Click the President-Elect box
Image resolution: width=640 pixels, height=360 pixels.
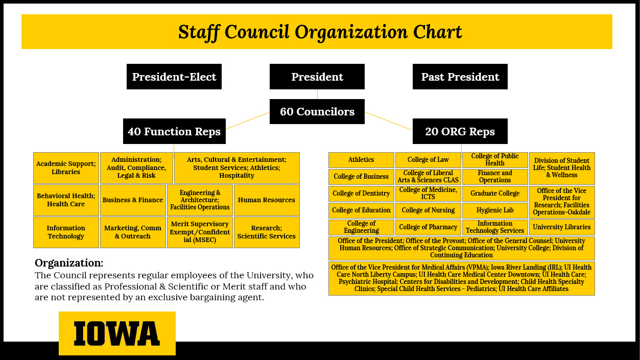coord(174,77)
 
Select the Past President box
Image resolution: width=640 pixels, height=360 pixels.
coord(460,77)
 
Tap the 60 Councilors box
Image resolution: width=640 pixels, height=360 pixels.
coord(317,111)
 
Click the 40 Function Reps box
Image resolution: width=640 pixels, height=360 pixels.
coord(174,131)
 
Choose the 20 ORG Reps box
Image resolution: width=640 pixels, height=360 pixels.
coord(460,131)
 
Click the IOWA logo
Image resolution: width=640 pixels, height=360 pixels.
coord(117,333)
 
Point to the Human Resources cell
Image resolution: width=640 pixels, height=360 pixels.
coord(267,200)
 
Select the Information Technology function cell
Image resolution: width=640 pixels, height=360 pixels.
coord(66,232)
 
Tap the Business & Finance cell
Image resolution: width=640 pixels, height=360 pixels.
coord(133,200)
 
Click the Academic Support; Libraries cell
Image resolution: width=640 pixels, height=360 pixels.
coord(66,167)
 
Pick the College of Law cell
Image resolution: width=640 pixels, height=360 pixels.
coord(428,160)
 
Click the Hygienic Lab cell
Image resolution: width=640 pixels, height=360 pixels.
coord(495,210)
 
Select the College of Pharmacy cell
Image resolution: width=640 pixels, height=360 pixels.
coord(428,227)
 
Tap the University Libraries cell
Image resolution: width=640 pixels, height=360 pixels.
coord(562,227)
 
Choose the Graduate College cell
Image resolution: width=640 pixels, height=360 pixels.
coord(495,194)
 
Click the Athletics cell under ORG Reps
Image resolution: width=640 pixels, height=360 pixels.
coord(361,160)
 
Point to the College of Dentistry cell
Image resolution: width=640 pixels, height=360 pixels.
coord(361,194)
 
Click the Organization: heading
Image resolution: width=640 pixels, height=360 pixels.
coord(69,263)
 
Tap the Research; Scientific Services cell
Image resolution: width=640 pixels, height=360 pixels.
coord(267,232)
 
